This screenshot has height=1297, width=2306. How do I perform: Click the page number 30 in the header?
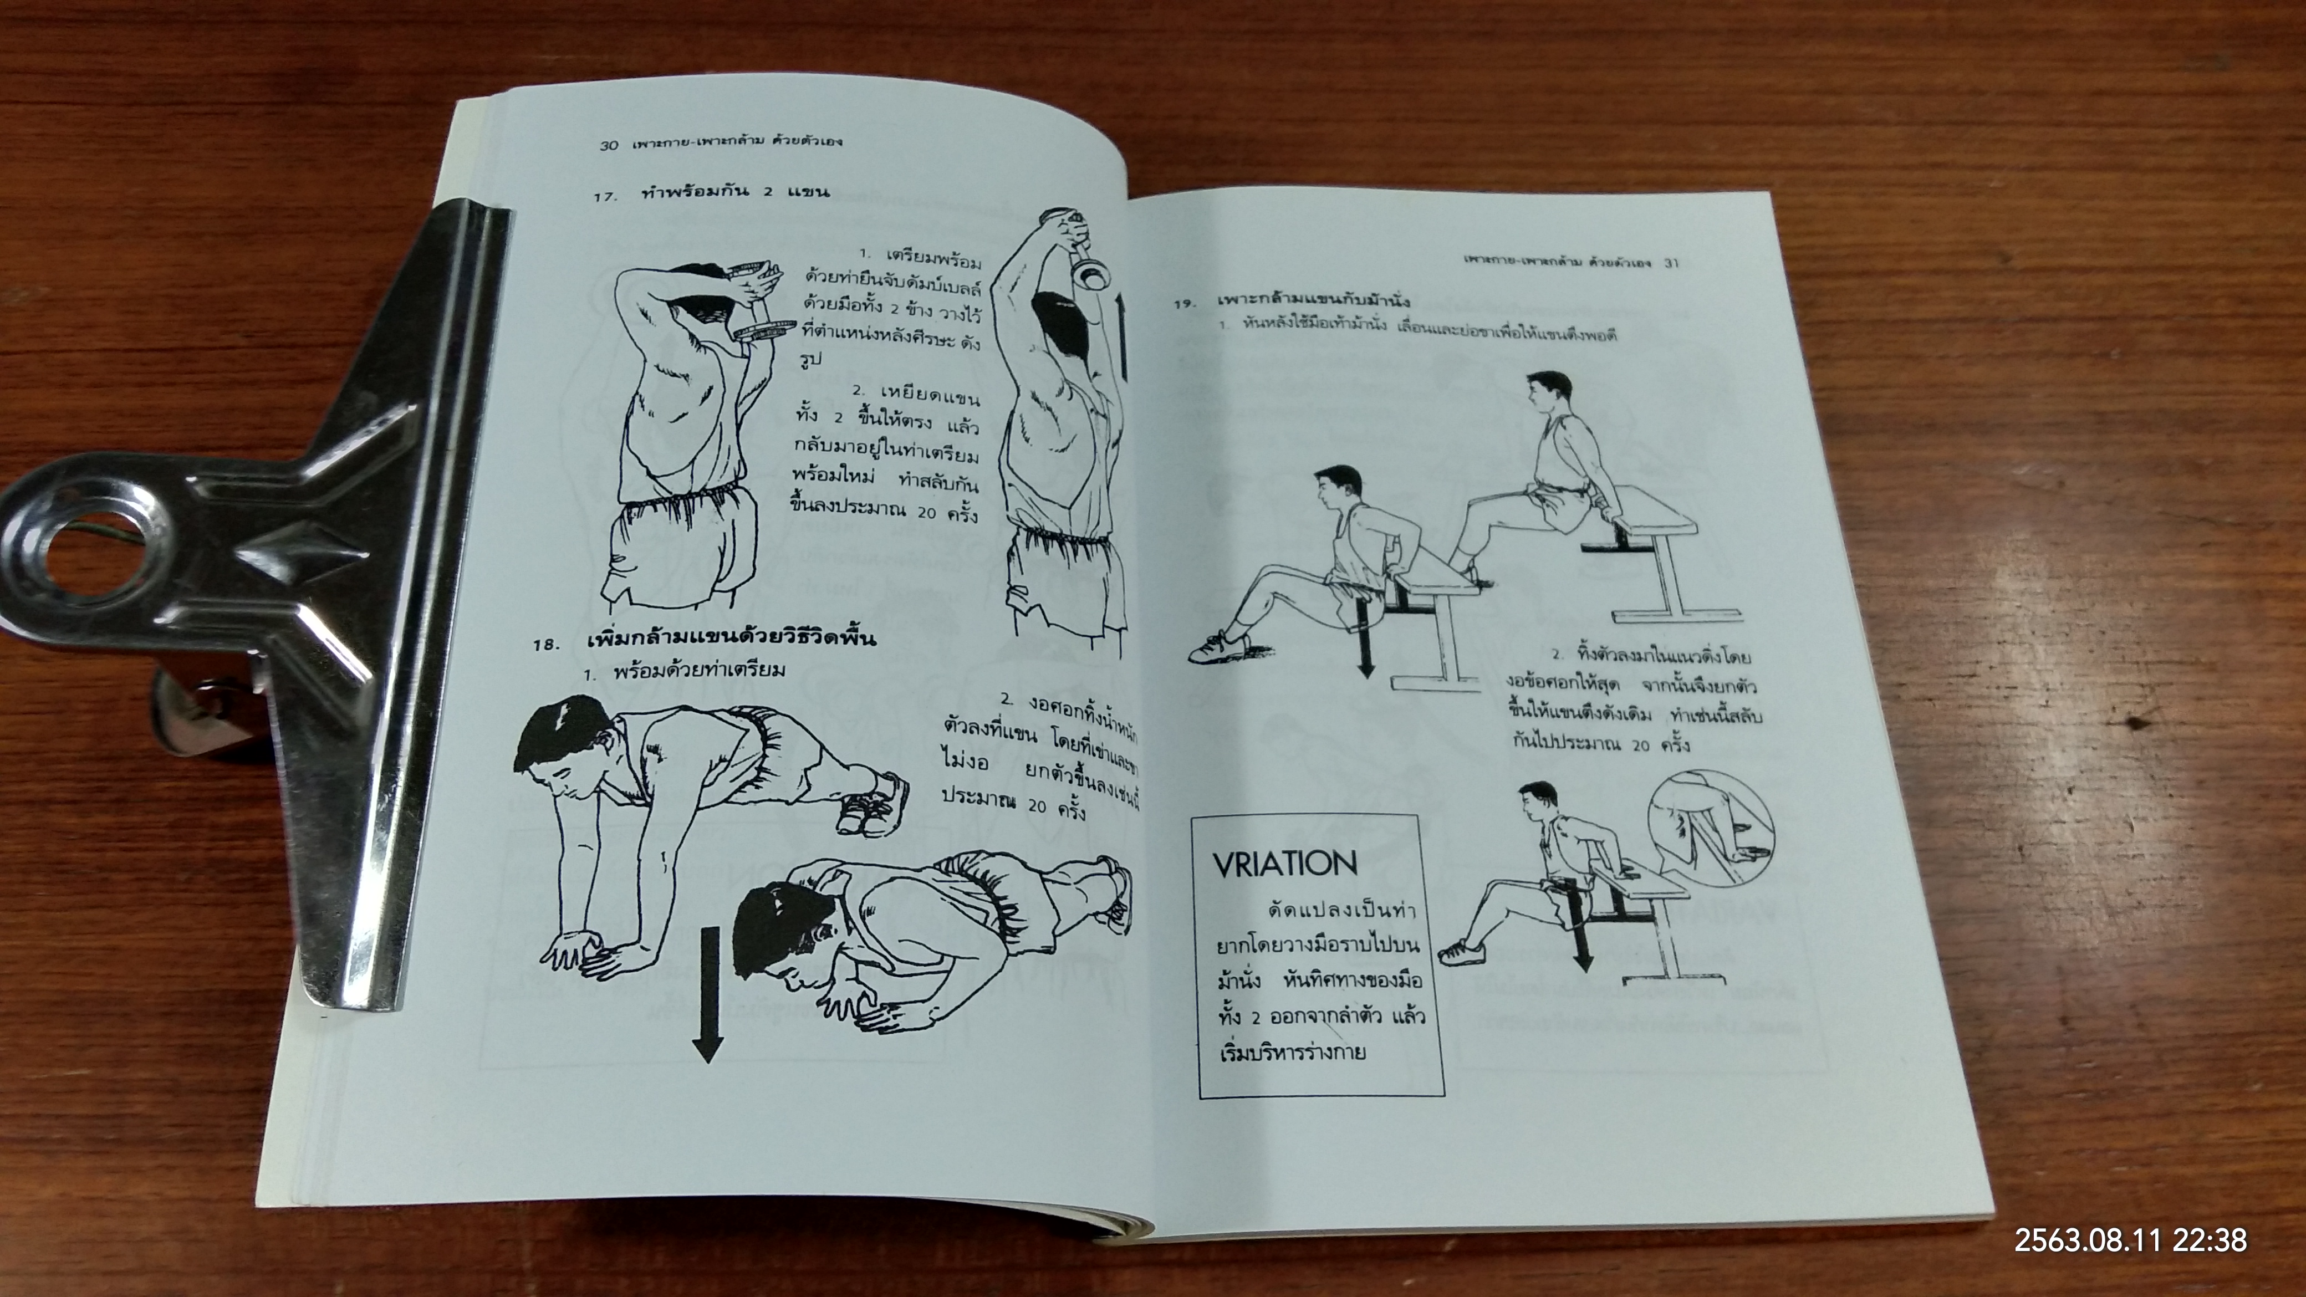[x=609, y=144]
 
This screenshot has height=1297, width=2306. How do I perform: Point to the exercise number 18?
[x=546, y=644]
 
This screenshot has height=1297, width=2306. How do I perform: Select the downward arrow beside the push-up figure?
[x=708, y=994]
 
